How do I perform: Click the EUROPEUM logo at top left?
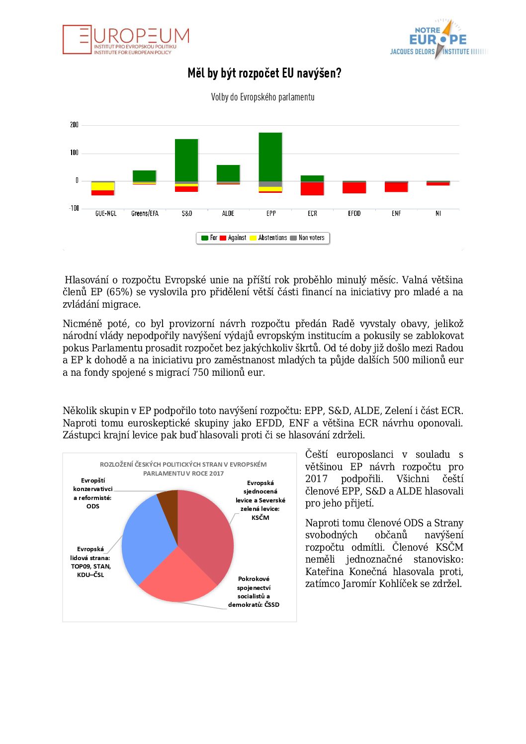(x=126, y=40)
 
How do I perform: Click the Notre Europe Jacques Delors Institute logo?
(x=438, y=40)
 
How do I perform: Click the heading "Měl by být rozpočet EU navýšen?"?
(x=264, y=74)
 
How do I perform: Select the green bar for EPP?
(x=270, y=157)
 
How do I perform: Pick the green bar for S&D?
(x=186, y=160)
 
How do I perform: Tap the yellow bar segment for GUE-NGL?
(x=103, y=186)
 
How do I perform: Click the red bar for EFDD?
(x=354, y=187)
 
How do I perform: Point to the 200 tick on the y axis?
(x=74, y=125)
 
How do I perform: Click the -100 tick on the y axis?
(x=74, y=208)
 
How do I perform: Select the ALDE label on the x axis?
(x=228, y=214)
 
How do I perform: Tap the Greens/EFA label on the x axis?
(x=145, y=214)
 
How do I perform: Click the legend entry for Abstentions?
(x=268, y=238)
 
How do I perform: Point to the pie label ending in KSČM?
(x=260, y=500)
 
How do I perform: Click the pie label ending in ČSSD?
(x=254, y=591)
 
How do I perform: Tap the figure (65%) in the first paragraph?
(x=119, y=292)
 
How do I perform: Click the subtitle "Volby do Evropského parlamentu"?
(x=263, y=97)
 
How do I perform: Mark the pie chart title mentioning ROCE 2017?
(x=183, y=469)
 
